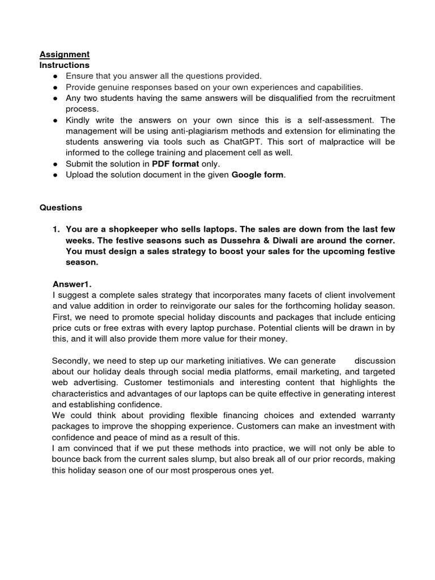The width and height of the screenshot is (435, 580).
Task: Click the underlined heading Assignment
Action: click(65, 54)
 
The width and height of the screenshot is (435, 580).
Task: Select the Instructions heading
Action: click(65, 65)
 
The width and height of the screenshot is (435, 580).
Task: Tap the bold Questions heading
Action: click(61, 207)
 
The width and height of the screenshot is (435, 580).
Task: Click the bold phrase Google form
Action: click(258, 174)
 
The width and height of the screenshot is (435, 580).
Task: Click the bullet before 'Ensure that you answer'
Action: click(56, 76)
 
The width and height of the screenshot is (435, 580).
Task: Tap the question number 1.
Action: click(56, 229)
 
